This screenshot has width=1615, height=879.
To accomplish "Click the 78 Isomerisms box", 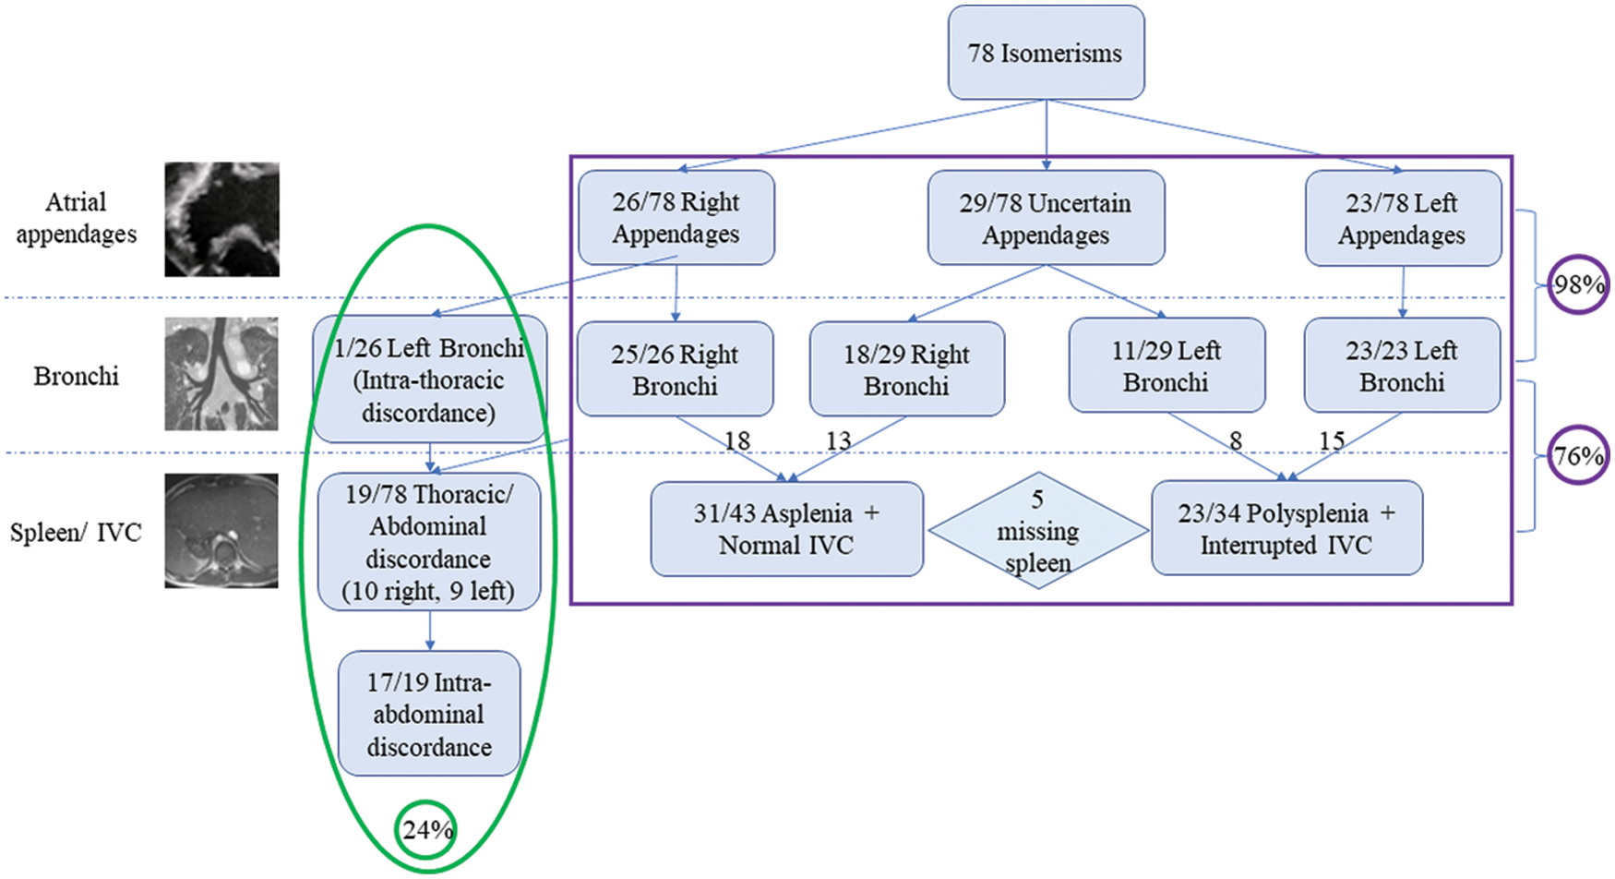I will (1046, 53).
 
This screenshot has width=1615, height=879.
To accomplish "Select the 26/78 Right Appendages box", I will (676, 218).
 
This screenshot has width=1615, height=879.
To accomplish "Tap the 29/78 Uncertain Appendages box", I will (1046, 219).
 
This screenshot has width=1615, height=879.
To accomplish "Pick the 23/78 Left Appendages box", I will (1402, 219).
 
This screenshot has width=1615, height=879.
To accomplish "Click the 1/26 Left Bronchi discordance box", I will (429, 379).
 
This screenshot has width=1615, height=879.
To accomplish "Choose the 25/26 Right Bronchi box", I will (675, 369).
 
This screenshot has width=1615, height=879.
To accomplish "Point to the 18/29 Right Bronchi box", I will (906, 369).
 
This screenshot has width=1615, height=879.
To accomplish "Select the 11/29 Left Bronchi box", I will (1166, 366).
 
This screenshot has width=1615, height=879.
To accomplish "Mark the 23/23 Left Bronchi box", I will (1401, 366).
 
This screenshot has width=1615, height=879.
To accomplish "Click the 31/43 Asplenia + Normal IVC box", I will (786, 529).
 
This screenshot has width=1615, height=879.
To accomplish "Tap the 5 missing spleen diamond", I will (1038, 531).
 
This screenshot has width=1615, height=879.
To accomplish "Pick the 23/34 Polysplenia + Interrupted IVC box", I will (1286, 528).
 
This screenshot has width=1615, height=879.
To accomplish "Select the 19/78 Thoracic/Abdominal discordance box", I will (428, 542).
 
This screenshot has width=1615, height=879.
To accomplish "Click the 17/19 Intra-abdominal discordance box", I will (429, 714).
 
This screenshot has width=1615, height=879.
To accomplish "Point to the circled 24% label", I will (427, 830).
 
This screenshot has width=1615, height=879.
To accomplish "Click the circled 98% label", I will (1578, 284).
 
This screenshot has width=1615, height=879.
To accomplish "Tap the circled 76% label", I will (1578, 455).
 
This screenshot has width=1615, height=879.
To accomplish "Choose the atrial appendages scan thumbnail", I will (221, 220).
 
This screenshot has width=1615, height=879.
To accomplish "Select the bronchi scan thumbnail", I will (221, 374).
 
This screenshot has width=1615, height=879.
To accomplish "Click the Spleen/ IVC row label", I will (76, 533).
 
